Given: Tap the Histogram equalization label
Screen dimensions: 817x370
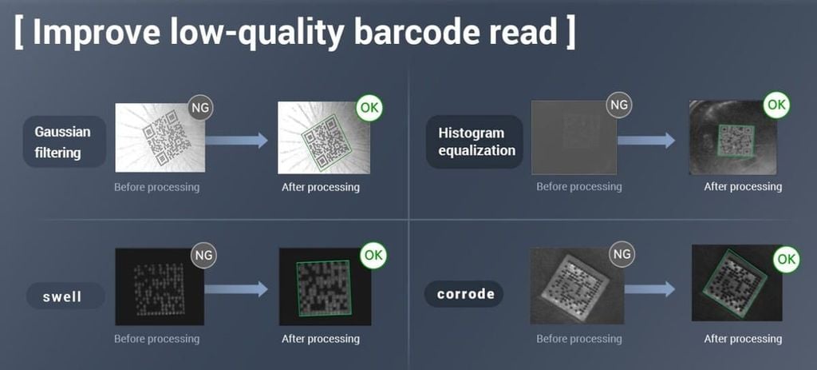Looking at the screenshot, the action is coord(475,142).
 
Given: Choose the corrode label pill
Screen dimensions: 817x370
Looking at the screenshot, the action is coord(464,294).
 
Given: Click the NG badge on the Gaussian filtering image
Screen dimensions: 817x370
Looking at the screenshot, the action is coord(200,108).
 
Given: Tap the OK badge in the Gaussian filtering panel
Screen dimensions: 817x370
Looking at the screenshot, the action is coord(369,108).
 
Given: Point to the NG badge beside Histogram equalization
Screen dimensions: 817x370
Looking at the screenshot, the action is coord(619,105).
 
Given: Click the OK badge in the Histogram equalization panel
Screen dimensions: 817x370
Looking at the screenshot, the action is coord(776,105).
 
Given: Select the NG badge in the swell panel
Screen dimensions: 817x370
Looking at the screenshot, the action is coord(204,255).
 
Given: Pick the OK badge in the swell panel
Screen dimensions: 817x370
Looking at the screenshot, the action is coord(373,255).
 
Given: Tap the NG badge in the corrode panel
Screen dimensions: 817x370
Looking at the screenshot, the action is coord(622,253).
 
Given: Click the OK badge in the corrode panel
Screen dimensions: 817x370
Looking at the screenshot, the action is coord(786,260).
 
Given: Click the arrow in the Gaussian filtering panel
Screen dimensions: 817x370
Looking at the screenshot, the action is coord(236,140).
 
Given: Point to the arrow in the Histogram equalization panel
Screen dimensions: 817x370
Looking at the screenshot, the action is coord(646,140).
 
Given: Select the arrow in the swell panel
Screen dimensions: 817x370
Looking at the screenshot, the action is coord(236,289).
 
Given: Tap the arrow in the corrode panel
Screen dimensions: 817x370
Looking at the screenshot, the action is coord(649,289).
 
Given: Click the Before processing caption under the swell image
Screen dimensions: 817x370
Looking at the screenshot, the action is coord(157,339).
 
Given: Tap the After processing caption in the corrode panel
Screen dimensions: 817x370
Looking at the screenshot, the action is coord(743,339).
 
